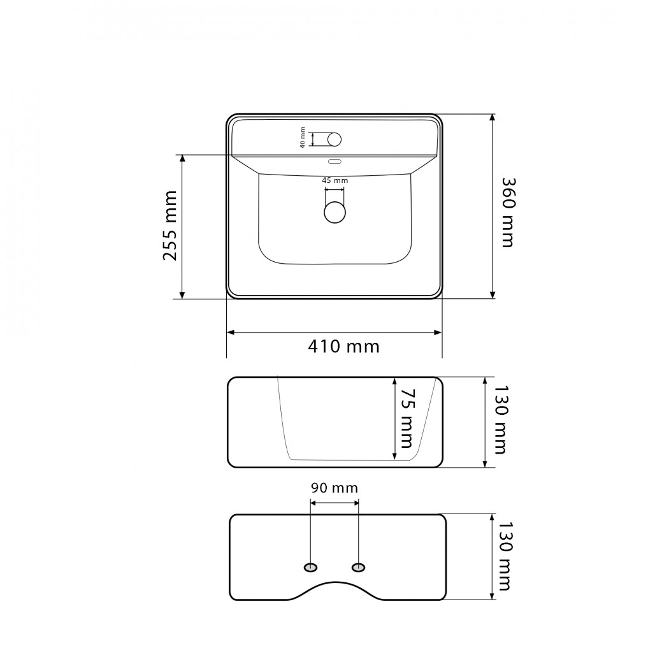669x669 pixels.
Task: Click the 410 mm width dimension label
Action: (x=344, y=347)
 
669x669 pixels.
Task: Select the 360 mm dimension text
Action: (x=508, y=212)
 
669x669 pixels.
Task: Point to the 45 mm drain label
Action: (x=335, y=180)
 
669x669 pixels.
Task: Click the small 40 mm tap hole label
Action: (x=303, y=138)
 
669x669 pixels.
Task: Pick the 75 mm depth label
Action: (x=406, y=418)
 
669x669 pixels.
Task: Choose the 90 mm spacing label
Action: (x=334, y=488)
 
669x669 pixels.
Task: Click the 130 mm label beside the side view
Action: (x=500, y=421)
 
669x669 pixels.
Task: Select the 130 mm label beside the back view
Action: (x=504, y=556)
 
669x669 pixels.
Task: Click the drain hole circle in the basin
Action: (x=334, y=212)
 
